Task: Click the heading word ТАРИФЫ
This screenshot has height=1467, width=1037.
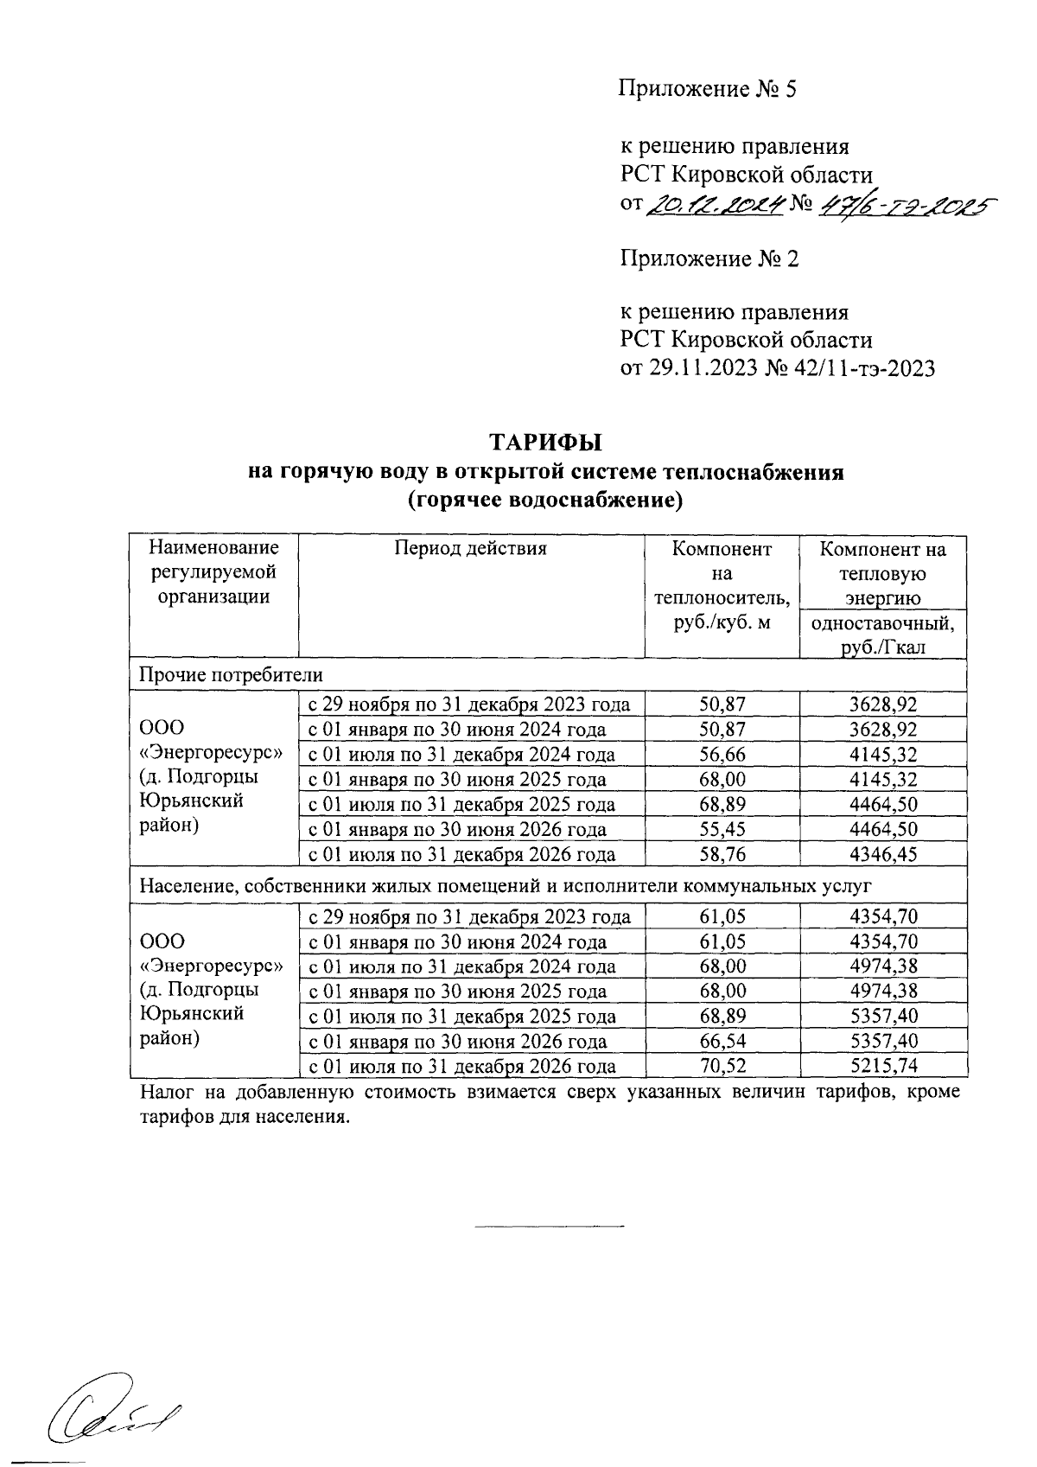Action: point(545,443)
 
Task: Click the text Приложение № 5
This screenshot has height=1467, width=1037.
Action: point(706,89)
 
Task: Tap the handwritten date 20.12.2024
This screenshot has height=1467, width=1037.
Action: point(715,204)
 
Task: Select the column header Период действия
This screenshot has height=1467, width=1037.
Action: point(471,548)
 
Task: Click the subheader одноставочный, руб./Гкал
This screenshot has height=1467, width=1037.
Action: point(882,635)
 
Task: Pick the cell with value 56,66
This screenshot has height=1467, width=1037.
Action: point(722,755)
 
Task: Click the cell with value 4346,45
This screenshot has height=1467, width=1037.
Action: point(882,855)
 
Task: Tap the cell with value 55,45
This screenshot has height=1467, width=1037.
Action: point(722,830)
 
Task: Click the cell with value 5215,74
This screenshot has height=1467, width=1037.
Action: point(882,1067)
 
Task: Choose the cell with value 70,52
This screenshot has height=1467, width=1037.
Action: point(722,1067)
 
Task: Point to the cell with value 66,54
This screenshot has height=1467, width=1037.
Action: point(722,1042)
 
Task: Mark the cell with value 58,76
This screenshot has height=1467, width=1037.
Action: point(722,855)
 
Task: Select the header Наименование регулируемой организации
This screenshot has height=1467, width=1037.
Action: point(213,572)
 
